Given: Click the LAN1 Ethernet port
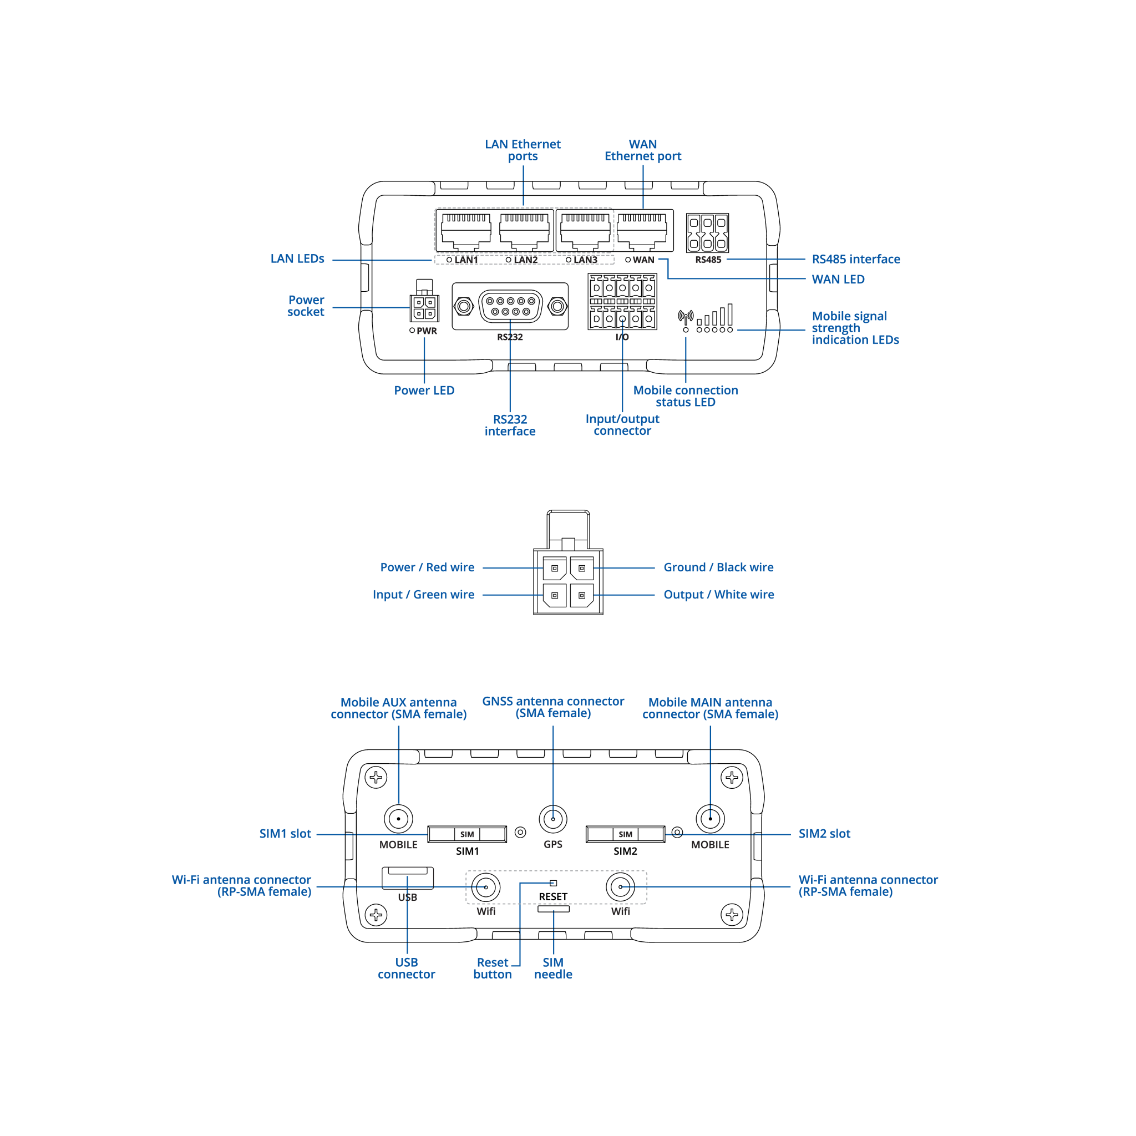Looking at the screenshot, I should [x=466, y=231].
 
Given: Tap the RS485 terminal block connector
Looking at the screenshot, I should [x=707, y=233].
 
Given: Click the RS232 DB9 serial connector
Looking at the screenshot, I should [x=510, y=306].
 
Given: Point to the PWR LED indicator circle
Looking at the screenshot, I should [x=412, y=331].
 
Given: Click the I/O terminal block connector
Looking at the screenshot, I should [x=622, y=302].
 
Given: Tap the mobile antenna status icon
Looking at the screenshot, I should [x=686, y=317].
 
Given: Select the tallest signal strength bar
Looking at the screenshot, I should [x=730, y=315].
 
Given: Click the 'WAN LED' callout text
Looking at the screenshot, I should [x=838, y=280].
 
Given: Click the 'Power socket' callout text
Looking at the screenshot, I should [x=306, y=306].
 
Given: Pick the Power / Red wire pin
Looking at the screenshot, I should [x=555, y=569].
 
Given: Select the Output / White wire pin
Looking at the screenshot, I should [x=581, y=596].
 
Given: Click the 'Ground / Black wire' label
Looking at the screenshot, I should [x=718, y=567].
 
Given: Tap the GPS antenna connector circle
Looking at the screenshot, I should [x=552, y=819].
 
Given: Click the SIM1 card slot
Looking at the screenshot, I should [x=467, y=834].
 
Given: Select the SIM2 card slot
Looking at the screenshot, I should [x=625, y=834].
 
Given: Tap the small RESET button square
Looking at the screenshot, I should [x=553, y=883].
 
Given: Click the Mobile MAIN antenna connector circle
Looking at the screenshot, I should [x=711, y=819].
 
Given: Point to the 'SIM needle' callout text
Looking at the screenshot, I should [x=552, y=968].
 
